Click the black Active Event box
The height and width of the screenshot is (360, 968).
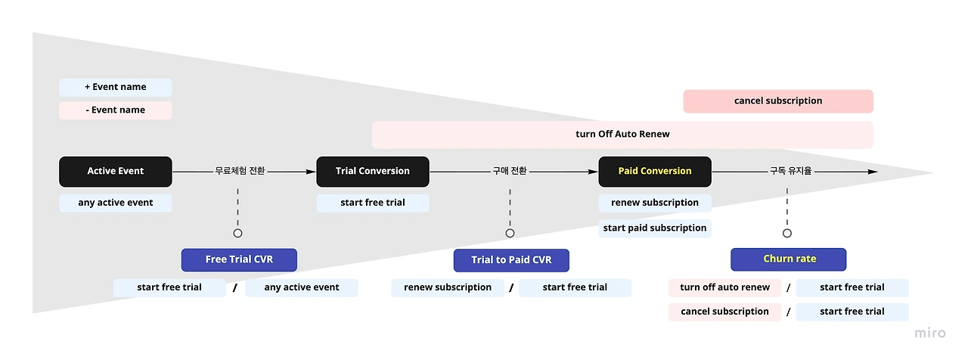tap(116, 172)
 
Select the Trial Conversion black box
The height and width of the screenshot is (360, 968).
tap(373, 172)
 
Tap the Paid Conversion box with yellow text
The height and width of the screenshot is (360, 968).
tap(655, 172)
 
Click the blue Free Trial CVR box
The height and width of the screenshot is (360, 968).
tap(239, 259)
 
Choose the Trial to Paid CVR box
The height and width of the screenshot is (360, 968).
tap(511, 260)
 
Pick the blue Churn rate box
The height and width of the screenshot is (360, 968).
tap(788, 259)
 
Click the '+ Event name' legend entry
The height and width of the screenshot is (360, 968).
tap(116, 87)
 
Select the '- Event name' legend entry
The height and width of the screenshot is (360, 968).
tap(116, 110)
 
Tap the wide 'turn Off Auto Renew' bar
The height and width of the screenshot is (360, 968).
tap(622, 135)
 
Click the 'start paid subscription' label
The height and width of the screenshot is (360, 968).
tap(655, 228)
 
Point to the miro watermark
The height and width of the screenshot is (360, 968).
tap(930, 333)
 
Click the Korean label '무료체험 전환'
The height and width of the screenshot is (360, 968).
tap(240, 171)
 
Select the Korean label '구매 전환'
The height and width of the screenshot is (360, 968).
tap(510, 171)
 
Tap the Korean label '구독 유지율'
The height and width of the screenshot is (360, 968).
tap(791, 171)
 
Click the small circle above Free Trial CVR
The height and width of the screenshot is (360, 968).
tap(237, 234)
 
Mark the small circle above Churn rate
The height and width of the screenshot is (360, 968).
tap(787, 234)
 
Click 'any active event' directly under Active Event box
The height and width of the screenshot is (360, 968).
tap(116, 203)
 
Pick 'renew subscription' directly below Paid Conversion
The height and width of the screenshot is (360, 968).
tap(655, 203)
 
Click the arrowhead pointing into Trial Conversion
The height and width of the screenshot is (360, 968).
tap(311, 172)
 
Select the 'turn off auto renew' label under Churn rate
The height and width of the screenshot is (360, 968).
tap(724, 288)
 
